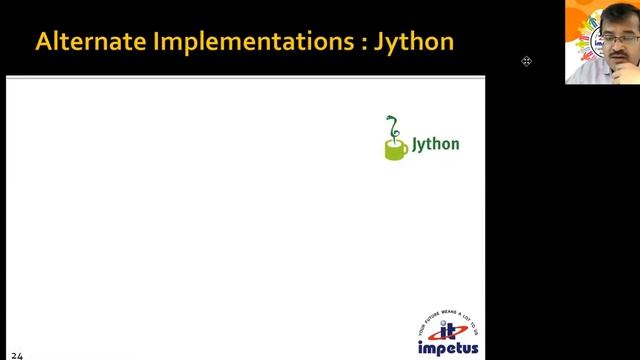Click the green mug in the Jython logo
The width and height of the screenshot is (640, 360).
coord(395,149)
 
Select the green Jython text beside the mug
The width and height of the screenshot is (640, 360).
coord(436,144)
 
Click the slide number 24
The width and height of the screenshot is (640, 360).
coord(17,353)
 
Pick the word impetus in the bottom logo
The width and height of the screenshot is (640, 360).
coord(448,349)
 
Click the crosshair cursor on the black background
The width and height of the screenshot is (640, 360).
coord(526,61)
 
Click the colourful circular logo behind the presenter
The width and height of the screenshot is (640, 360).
coord(581,30)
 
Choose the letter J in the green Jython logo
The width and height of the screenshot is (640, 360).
coord(417,144)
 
